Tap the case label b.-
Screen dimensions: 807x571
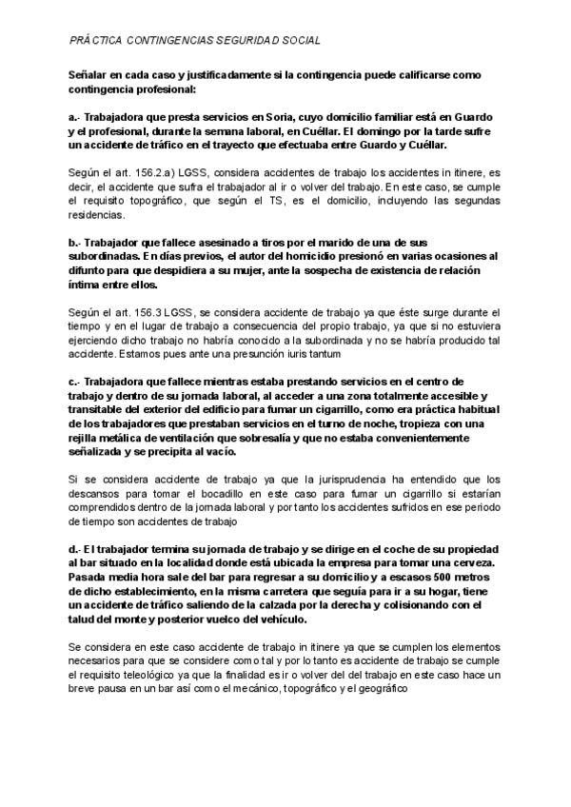pyautogui.click(x=75, y=243)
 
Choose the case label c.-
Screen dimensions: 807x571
pyautogui.click(x=75, y=382)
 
